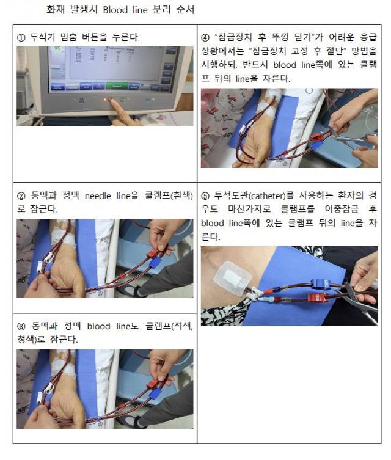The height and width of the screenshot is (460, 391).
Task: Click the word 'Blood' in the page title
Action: [x=115, y=10]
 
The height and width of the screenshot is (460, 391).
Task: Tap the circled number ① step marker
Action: [x=21, y=37]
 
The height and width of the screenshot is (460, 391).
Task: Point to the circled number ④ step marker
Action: [x=205, y=37]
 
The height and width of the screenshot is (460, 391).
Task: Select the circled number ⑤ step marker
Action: [x=205, y=196]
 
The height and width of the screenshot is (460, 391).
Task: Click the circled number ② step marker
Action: [x=21, y=196]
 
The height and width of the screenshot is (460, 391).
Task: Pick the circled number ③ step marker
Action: [x=21, y=326]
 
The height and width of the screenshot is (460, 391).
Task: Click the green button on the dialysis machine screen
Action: [x=116, y=86]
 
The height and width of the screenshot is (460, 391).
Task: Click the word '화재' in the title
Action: [x=54, y=10]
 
